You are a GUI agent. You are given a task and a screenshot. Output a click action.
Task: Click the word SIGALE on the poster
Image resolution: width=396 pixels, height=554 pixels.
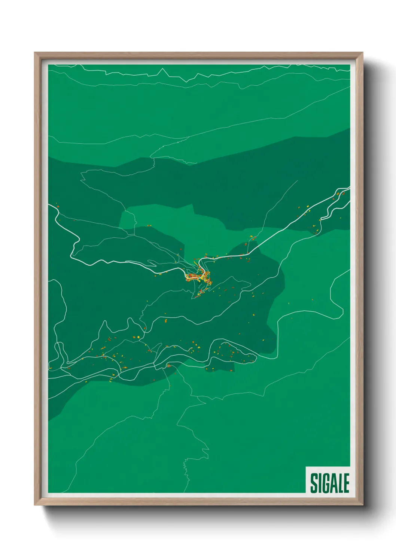pos(329,483)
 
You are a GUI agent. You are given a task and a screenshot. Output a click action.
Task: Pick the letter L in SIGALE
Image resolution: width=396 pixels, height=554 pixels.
pos(340,483)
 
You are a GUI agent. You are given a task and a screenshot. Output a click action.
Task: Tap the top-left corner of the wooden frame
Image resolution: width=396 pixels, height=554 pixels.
pos(35,53)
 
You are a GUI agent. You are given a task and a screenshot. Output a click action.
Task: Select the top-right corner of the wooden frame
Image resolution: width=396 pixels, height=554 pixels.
pos(362,53)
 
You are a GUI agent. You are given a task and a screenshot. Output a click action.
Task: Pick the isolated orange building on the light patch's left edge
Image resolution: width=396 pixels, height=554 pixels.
pos(149,226)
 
